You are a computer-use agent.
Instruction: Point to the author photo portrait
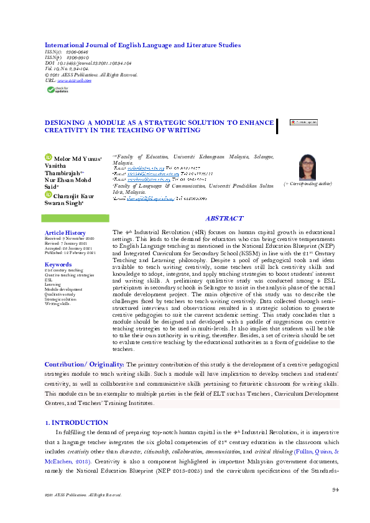[x=308, y=166]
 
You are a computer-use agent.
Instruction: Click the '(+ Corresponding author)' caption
[x=308, y=184]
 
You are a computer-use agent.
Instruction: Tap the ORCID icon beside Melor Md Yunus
[x=48, y=158]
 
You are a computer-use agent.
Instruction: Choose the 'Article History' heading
[x=65, y=232]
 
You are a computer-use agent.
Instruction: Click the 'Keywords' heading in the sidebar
[x=58, y=264]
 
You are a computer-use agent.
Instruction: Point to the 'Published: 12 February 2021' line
[x=70, y=253]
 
